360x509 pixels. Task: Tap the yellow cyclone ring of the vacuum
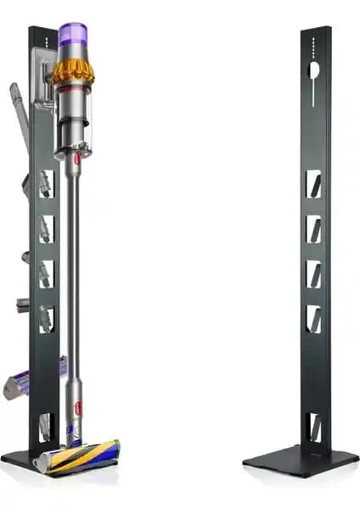point(73,71)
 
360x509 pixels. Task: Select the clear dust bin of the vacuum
point(74,127)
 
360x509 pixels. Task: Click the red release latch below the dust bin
point(76,158)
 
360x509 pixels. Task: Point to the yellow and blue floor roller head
point(81,457)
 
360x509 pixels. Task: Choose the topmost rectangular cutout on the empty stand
point(313,183)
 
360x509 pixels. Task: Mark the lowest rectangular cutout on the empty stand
point(313,427)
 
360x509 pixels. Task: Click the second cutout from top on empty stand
point(313,227)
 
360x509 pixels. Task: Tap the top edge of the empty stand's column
point(315,29)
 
